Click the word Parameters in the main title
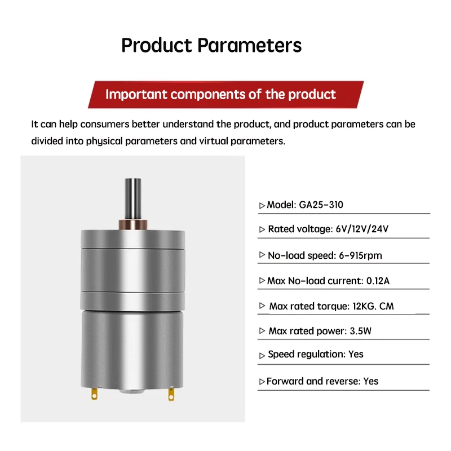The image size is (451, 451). click(x=249, y=46)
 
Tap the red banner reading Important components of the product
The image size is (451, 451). click(x=226, y=95)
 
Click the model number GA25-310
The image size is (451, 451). click(x=321, y=205)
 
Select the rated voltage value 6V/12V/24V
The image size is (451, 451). click(x=362, y=229)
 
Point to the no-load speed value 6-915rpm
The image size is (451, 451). click(x=360, y=255)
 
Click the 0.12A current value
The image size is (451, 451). click(x=378, y=281)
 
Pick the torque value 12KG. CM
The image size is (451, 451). click(x=373, y=306)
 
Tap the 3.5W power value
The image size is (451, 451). click(x=360, y=331)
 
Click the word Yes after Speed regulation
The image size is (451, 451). click(x=356, y=354)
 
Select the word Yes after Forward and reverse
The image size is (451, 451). click(x=371, y=381)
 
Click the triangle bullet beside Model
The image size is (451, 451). click(x=262, y=206)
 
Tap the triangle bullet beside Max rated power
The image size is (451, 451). click(x=262, y=331)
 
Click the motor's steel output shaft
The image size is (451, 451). click(x=133, y=199)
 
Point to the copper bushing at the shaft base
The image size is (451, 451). click(x=133, y=224)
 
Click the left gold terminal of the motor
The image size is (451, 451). click(x=94, y=393)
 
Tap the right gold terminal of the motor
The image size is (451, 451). click(x=171, y=394)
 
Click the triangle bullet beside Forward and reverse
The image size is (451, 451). click(x=262, y=382)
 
